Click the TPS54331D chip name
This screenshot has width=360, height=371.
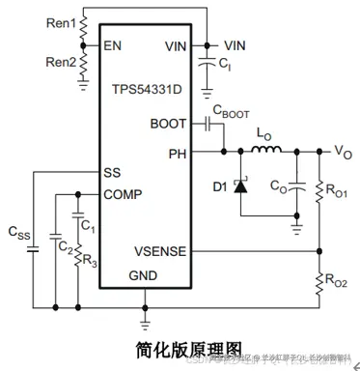(x=144, y=88)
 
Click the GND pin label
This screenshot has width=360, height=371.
(x=145, y=273)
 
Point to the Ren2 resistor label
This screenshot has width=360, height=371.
(x=58, y=63)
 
